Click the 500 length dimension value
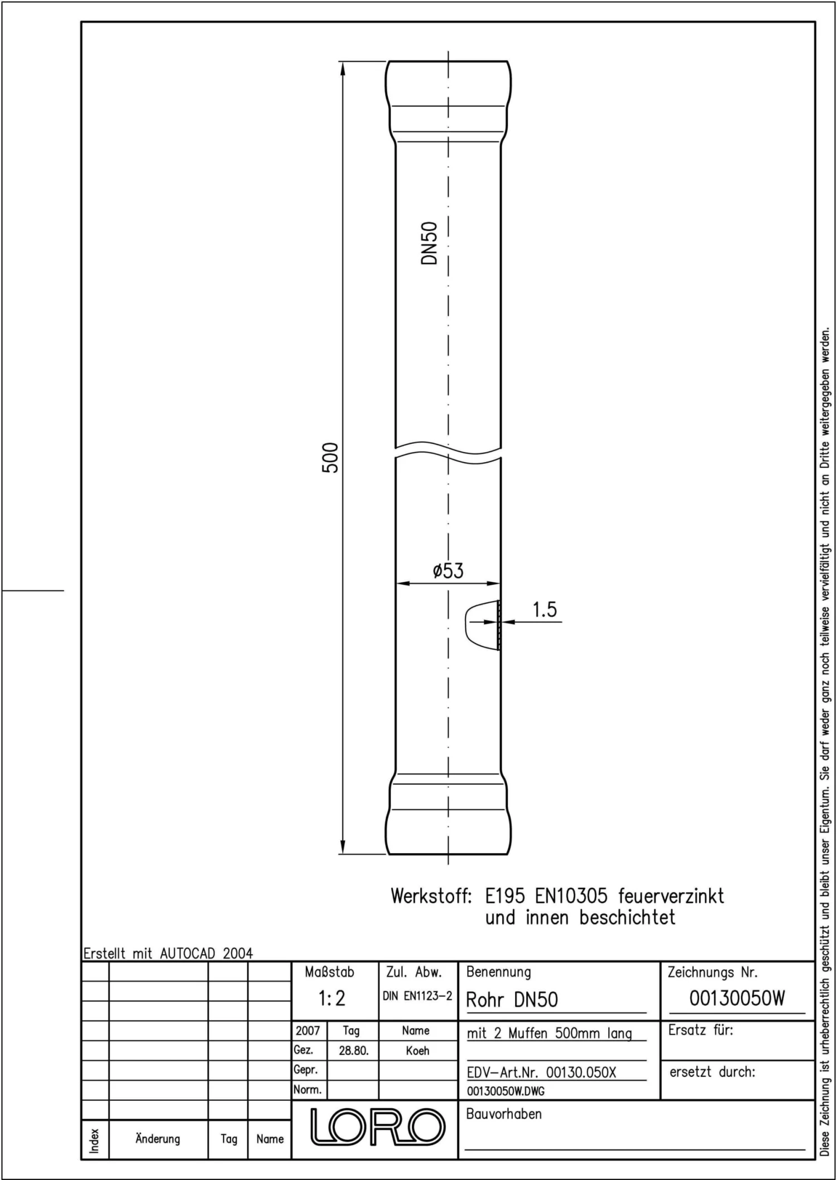[330, 457]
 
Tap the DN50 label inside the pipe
[429, 243]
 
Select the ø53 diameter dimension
[448, 570]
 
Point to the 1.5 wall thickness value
[545, 610]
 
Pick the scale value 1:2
[332, 998]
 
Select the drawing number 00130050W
[737, 998]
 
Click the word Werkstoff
[431, 896]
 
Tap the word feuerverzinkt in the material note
[671, 896]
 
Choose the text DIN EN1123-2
[417, 996]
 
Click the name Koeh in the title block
[417, 1051]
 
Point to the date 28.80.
[353, 1051]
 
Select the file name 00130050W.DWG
[506, 1091]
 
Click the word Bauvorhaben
[504, 1114]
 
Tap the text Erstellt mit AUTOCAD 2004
[168, 953]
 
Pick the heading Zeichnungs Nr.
[713, 973]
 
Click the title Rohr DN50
[512, 999]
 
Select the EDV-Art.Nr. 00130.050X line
[541, 1072]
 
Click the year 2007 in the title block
[307, 1031]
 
